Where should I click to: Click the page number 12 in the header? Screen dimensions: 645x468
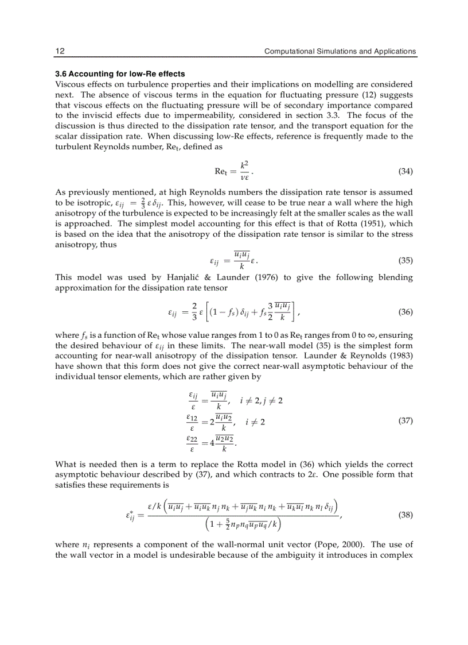point(60,51)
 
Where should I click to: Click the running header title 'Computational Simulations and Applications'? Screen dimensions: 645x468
point(340,51)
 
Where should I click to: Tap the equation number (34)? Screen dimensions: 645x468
point(405,171)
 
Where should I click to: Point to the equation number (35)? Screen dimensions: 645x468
point(405,260)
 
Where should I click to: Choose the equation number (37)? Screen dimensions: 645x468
point(405,420)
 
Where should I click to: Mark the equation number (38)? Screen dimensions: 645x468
point(405,515)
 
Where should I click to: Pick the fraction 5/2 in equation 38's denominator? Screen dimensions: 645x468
point(228,524)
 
